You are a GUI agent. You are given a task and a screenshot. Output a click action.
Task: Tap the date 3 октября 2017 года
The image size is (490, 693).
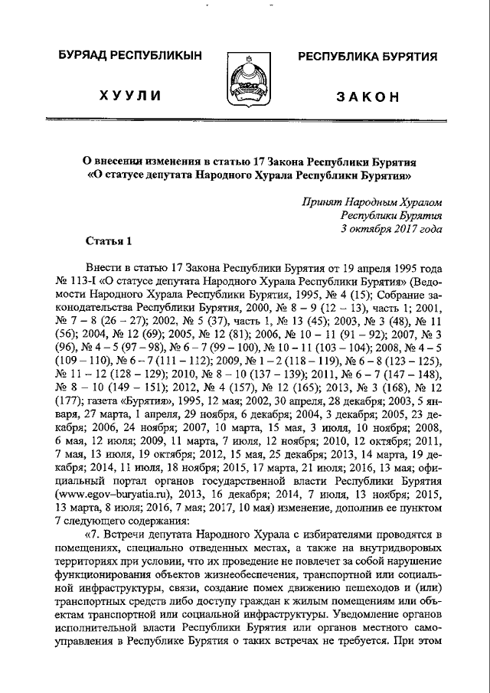pos(391,228)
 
